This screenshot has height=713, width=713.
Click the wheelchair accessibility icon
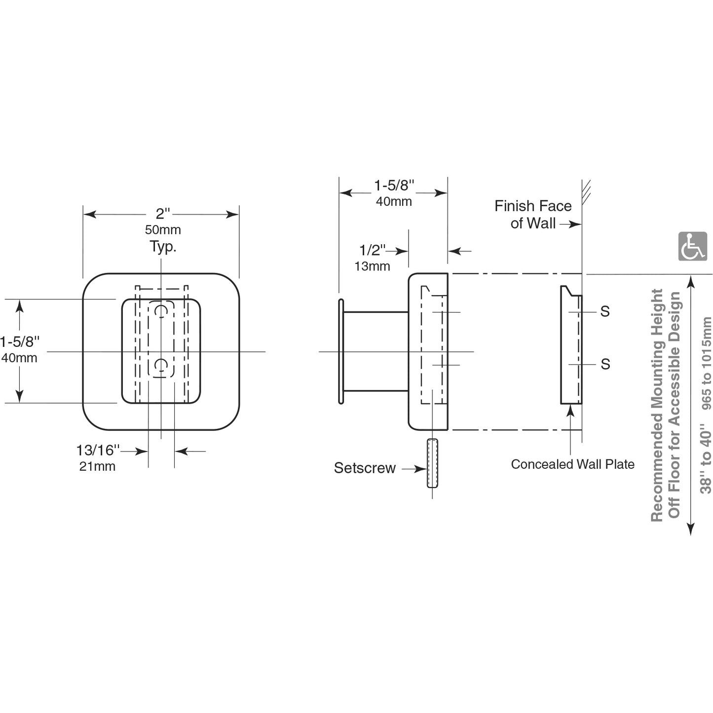692,246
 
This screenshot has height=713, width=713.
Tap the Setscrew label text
365,468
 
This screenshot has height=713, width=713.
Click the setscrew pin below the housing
432,463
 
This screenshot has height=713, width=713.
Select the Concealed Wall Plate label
572,464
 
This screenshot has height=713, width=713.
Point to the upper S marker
605,311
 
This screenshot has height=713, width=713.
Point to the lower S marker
605,364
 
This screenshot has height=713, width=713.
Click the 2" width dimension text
163,214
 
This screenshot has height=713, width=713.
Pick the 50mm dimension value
163,230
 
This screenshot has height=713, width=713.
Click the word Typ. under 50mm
163,246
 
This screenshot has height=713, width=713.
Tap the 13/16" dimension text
98,450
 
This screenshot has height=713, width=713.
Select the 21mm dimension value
97,466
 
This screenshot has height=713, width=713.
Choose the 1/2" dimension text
372,250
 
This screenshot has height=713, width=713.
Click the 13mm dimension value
372,266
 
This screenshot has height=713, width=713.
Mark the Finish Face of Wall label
533,215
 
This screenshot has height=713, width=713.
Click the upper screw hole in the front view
161,311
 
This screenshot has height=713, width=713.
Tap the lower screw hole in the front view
161,365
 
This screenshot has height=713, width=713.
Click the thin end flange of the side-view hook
340,351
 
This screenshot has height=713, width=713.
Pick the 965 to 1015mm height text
706,363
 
